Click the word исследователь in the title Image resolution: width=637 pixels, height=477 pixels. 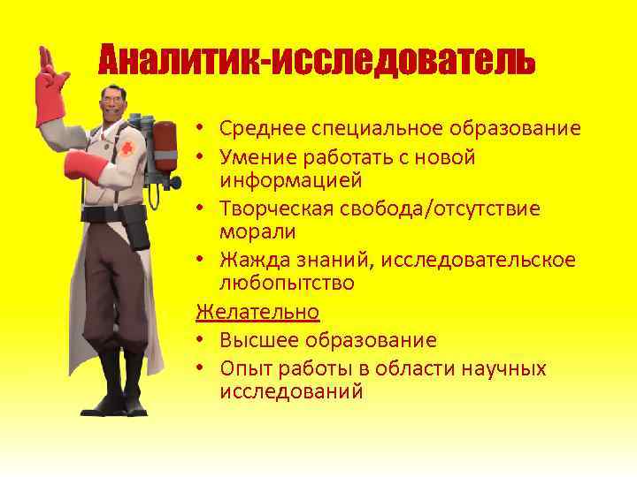[x=403, y=60]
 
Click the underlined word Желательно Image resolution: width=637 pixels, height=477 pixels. [x=257, y=312]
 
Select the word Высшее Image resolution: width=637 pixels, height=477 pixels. [x=255, y=340]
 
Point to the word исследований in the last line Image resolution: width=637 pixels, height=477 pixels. [x=291, y=390]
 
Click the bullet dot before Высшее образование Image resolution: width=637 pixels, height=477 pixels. [x=202, y=340]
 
